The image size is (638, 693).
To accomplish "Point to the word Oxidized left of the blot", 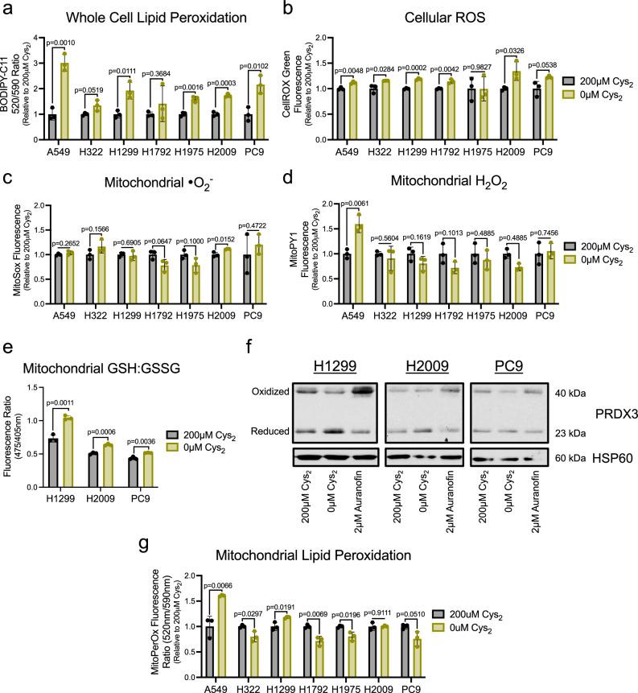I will pos(253,392).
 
